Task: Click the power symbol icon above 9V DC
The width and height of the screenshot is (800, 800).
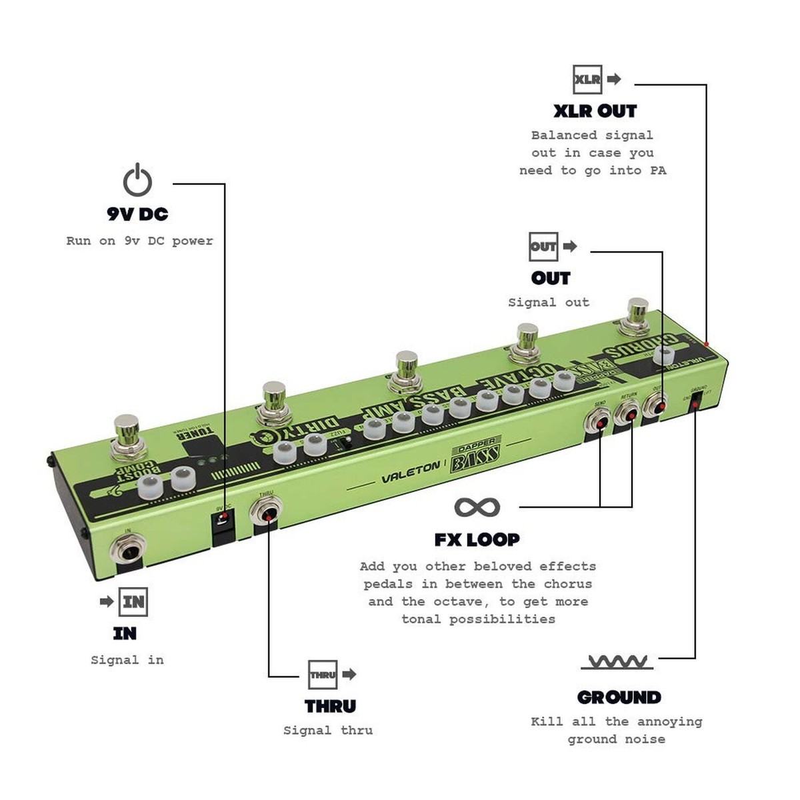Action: (137, 180)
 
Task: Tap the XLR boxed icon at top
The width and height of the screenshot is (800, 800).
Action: (587, 79)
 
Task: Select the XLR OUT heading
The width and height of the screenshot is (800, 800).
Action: (595, 111)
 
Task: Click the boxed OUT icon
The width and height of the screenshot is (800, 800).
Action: (543, 246)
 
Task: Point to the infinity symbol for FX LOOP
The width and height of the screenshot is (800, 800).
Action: (477, 507)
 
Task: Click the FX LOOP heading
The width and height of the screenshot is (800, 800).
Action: (477, 539)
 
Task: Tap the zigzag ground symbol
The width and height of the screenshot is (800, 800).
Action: (617, 662)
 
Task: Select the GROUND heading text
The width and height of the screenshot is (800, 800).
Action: (619, 697)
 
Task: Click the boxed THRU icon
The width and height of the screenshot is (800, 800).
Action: (323, 674)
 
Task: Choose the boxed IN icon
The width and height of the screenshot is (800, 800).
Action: (133, 602)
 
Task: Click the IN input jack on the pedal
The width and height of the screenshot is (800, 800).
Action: (127, 551)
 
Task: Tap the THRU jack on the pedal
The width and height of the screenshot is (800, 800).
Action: (265, 514)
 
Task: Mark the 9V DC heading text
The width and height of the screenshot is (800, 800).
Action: (137, 214)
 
